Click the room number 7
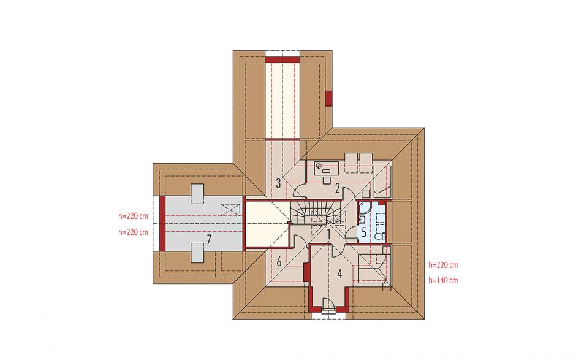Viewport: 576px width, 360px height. click(209, 240)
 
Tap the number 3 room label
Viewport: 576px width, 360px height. click(278, 183)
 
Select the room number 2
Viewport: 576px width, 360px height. click(337, 189)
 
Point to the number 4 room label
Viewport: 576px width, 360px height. click(339, 274)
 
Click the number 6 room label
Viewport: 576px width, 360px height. click(279, 262)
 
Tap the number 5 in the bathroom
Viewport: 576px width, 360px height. click(363, 232)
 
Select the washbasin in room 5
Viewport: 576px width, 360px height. click(361, 220)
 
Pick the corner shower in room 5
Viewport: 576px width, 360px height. click(365, 208)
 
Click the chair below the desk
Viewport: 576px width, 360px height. click(327, 180)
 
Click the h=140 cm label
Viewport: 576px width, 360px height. click(444, 280)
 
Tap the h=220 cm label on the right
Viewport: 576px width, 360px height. click(444, 265)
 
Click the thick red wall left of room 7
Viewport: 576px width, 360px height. click(162, 224)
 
